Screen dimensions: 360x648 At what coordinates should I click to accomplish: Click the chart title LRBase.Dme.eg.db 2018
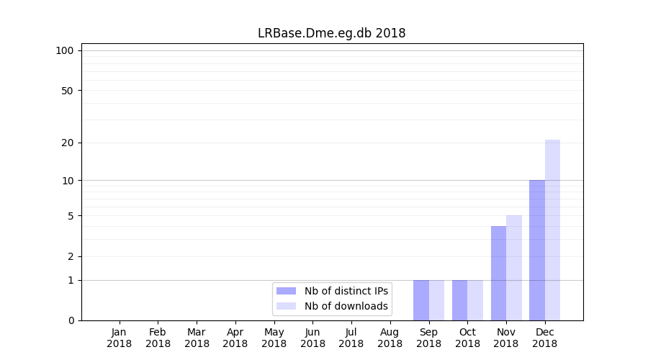pyautogui.click(x=331, y=33)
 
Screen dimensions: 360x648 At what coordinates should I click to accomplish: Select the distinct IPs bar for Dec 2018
pyautogui.click(x=537, y=250)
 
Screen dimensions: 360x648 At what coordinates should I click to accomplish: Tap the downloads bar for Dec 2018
pyautogui.click(x=552, y=230)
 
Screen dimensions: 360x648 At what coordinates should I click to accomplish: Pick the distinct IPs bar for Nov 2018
pyautogui.click(x=498, y=273)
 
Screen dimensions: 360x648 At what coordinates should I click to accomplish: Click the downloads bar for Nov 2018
pyautogui.click(x=514, y=268)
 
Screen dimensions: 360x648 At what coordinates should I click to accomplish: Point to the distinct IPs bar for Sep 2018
pyautogui.click(x=421, y=300)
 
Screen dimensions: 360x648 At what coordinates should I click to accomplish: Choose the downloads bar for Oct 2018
pyautogui.click(x=475, y=300)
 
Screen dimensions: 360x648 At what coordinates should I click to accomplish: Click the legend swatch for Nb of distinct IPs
pyautogui.click(x=286, y=291)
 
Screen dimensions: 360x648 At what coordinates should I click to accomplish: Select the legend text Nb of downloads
pyautogui.click(x=346, y=306)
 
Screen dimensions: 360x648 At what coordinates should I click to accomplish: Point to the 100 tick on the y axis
pyautogui.click(x=65, y=50)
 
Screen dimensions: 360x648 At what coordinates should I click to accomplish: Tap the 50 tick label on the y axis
pyautogui.click(x=67, y=91)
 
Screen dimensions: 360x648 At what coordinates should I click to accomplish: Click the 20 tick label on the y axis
pyautogui.click(x=67, y=143)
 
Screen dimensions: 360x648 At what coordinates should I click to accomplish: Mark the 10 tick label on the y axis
pyautogui.click(x=67, y=180)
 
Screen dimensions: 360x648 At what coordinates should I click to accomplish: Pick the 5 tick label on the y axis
pyautogui.click(x=70, y=216)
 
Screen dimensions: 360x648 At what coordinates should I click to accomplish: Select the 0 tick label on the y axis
pyautogui.click(x=70, y=320)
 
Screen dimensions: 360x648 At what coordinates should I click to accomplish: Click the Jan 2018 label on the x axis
pyautogui.click(x=120, y=338)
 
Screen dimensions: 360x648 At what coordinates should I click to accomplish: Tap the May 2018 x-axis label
pyautogui.click(x=274, y=338)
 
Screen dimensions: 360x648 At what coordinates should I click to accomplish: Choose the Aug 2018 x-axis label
pyautogui.click(x=390, y=338)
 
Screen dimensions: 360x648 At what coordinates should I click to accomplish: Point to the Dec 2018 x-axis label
pyautogui.click(x=545, y=338)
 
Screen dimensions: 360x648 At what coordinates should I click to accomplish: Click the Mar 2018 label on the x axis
pyautogui.click(x=197, y=338)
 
